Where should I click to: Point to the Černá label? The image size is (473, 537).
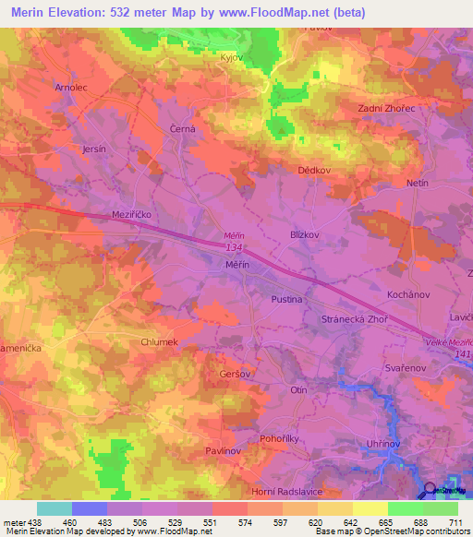pyautogui.click(x=182, y=130)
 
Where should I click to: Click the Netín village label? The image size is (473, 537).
pyautogui.click(x=418, y=184)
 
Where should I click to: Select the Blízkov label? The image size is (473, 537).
pyautogui.click(x=305, y=234)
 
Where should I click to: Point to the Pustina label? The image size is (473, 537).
pyautogui.click(x=286, y=300)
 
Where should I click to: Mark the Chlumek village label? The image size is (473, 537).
pyautogui.click(x=158, y=341)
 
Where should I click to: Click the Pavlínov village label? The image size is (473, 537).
pyautogui.click(x=222, y=450)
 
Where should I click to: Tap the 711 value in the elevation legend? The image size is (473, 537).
pyautogui.click(x=455, y=522)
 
